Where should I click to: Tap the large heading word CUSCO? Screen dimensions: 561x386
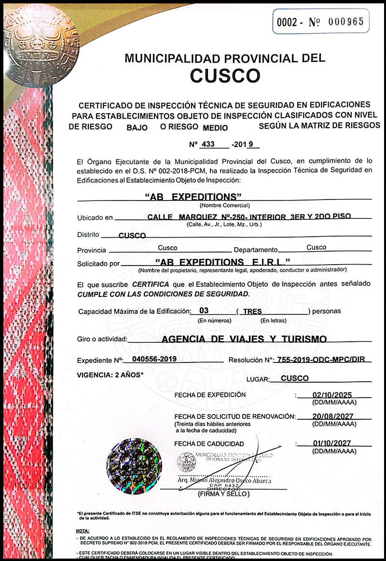pyautogui.click(x=225, y=75)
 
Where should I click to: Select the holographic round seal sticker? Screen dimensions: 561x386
pyautogui.click(x=134, y=466)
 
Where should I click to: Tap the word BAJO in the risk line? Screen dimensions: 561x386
pyautogui.click(x=137, y=128)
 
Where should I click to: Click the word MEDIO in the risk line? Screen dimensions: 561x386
pyautogui.click(x=215, y=128)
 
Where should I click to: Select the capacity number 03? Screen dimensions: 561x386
pyautogui.click(x=204, y=311)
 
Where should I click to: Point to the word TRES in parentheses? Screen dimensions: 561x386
pyautogui.click(x=252, y=311)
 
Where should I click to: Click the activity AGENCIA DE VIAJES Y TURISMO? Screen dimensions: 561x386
pyautogui.click(x=244, y=339)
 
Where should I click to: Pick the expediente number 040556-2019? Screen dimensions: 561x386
pyautogui.click(x=151, y=360)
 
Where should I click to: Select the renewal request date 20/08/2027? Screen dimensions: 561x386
pyautogui.click(x=332, y=415)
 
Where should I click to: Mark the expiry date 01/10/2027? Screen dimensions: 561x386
pyautogui.click(x=332, y=443)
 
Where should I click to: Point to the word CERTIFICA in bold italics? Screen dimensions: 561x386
pyautogui.click(x=151, y=284)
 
